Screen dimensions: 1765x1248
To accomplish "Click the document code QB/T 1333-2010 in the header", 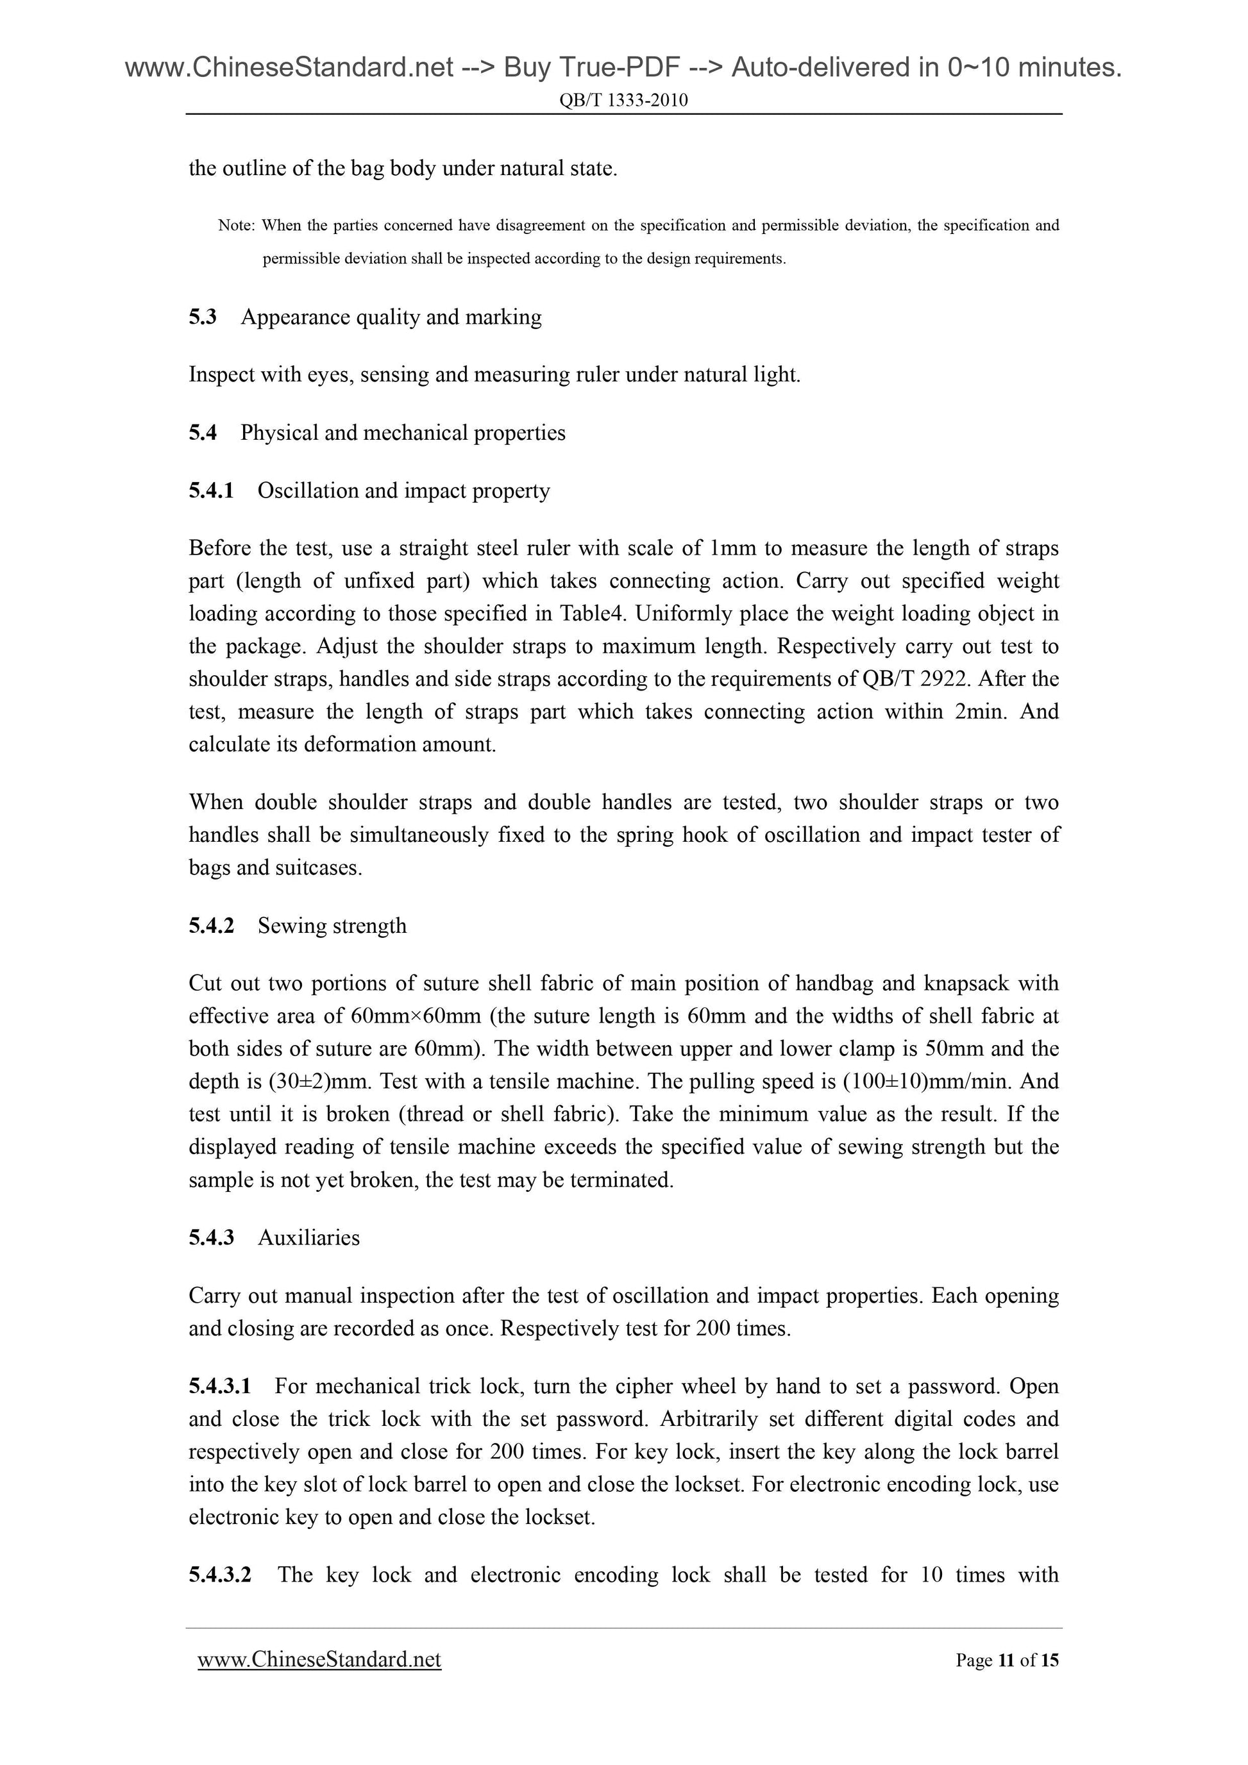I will [x=623, y=100].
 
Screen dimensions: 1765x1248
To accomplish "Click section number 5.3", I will [x=203, y=317].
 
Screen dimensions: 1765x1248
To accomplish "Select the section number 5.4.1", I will [x=212, y=491].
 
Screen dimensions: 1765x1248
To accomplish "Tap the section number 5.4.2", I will [x=212, y=926].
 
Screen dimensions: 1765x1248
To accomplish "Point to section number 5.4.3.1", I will [x=220, y=1387].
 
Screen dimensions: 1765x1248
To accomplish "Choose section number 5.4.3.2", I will [x=220, y=1575].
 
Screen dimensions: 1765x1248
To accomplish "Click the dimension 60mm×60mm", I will [x=415, y=1017].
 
